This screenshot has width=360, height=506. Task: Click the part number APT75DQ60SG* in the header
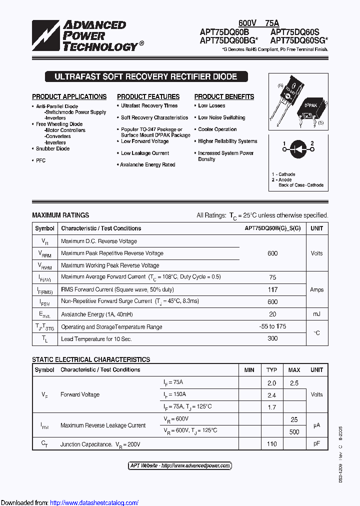299,40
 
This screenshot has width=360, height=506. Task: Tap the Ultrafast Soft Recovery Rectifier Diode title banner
145,77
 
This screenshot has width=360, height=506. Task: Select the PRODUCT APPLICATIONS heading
69,96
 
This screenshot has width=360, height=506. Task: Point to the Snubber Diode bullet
52,148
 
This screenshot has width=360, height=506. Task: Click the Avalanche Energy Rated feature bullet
147,164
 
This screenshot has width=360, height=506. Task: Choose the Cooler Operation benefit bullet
217,129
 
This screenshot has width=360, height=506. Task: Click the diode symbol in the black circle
298,147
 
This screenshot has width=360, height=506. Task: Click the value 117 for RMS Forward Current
272,289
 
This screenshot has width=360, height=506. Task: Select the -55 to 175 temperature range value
272,326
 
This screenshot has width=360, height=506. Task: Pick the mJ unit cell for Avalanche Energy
316,314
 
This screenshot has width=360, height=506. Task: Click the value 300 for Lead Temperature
272,338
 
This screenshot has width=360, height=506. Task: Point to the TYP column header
271,370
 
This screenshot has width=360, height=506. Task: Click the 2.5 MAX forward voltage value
294,383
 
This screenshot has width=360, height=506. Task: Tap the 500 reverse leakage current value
294,431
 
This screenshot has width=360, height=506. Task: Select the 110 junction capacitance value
271,444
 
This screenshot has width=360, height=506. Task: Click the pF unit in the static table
316,444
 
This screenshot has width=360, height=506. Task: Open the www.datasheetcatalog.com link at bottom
94,502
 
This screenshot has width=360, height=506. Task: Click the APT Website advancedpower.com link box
180,465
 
